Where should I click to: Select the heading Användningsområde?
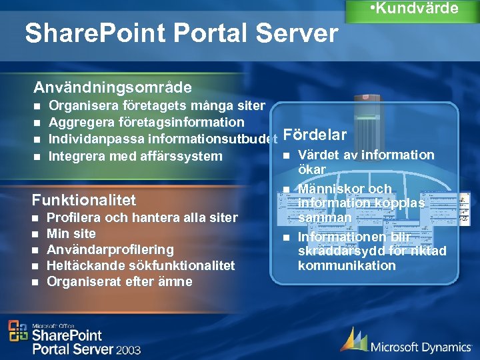113,87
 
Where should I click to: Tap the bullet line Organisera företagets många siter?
157,105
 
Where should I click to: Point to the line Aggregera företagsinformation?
147,122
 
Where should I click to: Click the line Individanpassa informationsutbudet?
163,139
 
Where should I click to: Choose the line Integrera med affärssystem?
135,157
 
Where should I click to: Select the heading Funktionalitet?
84,200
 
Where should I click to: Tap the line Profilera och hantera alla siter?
142,217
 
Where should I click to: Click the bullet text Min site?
71,233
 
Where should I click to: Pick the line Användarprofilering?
110,249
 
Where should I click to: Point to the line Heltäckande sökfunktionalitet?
141,265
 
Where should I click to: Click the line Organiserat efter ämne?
119,281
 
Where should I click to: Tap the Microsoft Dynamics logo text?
420,346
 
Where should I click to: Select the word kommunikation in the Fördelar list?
347,265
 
